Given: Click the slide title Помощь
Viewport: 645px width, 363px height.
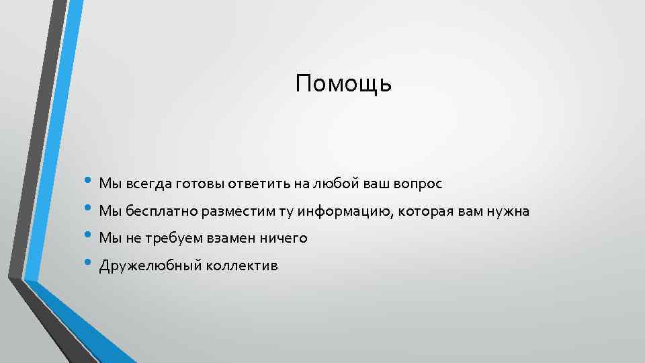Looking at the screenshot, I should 343,85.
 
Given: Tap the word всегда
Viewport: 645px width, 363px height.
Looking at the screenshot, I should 147,184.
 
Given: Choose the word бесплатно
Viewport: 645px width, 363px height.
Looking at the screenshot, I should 159,212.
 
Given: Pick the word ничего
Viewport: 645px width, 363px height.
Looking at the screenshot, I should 287,238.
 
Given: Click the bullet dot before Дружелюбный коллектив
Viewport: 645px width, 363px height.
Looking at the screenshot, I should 89,264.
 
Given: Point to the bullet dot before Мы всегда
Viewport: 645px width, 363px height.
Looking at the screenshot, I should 89,182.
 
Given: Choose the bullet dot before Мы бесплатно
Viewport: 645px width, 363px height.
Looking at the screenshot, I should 89,210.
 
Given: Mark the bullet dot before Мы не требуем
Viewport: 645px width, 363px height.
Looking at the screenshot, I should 89,237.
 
